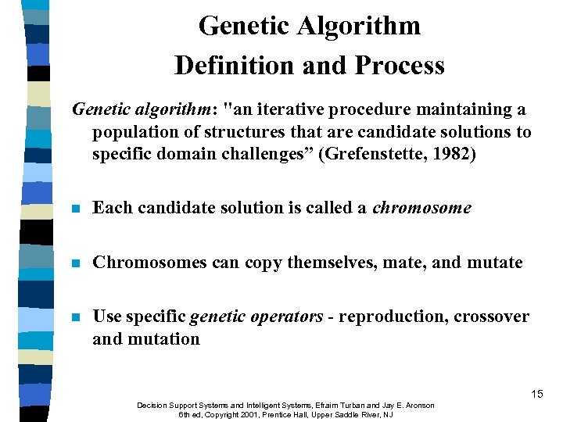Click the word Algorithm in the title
[x=359, y=26]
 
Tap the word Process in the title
[x=400, y=65]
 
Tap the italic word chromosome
[x=422, y=208]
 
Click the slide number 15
[x=536, y=394]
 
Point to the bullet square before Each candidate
[x=75, y=209]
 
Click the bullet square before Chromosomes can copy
[x=75, y=263]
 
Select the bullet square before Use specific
[x=75, y=317]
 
